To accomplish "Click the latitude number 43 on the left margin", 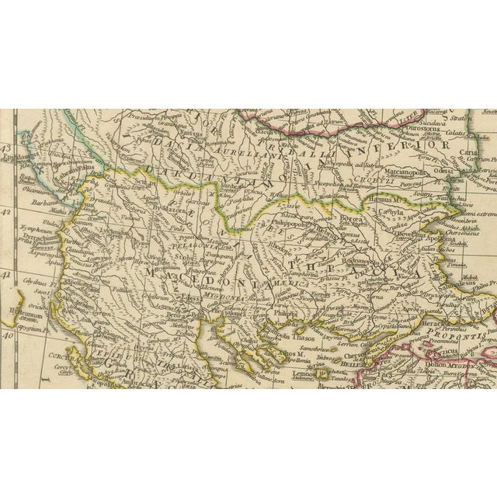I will click(6, 148).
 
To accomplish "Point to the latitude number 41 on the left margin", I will click(6, 273).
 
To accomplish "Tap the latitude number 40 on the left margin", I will click(6, 335).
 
